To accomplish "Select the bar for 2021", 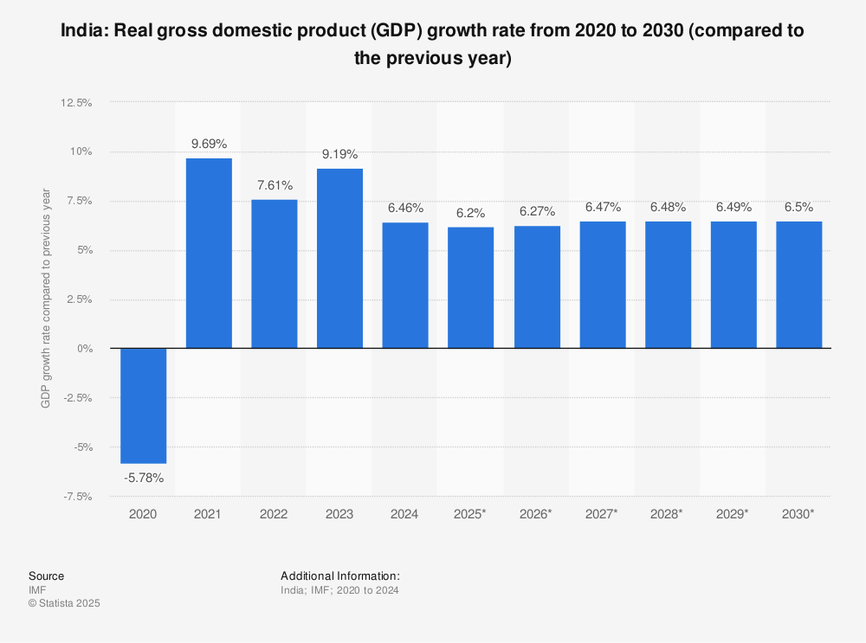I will pos(209,254).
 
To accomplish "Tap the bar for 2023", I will pos(339,259).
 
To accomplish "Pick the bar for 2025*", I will pos(470,288).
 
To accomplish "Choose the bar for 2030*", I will pos(798,285).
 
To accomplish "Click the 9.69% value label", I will pos(209,144).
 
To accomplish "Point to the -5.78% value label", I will pos(143,478).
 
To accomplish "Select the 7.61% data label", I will pos(275,185).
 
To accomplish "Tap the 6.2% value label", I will pos(470,213).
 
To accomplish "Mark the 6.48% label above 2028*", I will pos(667,207).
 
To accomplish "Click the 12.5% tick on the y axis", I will pos(75,103).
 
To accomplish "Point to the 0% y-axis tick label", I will pos(84,349).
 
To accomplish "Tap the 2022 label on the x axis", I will pos(275,514).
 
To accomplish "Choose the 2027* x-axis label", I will pos(601,514).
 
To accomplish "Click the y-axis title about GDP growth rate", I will pos(46,299).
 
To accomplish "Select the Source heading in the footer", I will pos(46,576).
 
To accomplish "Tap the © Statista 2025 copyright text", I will pos(64,604).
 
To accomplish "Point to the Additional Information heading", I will pos(339,576).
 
